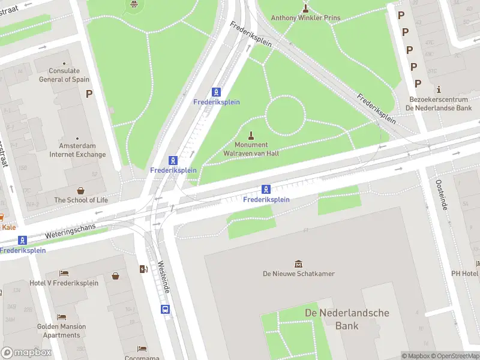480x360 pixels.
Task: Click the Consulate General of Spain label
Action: [x=64, y=75]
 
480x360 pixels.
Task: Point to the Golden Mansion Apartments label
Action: [x=61, y=331]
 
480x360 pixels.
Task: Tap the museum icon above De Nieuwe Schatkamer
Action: [x=298, y=263]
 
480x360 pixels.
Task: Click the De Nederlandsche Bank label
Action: [x=347, y=319]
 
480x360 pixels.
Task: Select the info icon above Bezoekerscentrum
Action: [x=439, y=89]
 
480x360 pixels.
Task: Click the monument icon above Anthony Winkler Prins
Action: [x=305, y=8]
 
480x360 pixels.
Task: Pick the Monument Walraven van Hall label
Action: [x=251, y=149]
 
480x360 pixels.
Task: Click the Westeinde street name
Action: [x=164, y=277]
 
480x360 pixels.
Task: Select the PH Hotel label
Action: [x=466, y=274]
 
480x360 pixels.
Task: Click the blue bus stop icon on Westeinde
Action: [x=165, y=310]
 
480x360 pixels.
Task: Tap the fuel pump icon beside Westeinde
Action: [x=144, y=269]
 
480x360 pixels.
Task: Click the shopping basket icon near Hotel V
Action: [x=115, y=276]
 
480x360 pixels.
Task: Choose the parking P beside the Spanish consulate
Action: [x=89, y=94]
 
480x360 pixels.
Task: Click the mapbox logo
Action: [x=26, y=353]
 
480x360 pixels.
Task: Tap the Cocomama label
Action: [x=142, y=358]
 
